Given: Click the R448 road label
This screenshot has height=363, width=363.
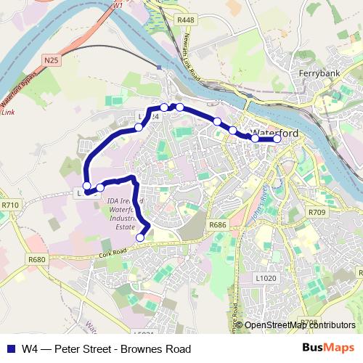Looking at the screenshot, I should [x=185, y=20].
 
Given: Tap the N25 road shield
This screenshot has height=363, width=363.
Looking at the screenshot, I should [x=50, y=60].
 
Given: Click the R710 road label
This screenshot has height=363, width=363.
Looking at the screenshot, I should [x=9, y=206].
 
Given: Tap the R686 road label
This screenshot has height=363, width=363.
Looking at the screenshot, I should [x=217, y=226].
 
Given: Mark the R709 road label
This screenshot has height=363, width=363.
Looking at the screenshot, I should [x=317, y=212].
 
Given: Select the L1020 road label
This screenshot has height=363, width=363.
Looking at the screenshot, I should [x=266, y=278].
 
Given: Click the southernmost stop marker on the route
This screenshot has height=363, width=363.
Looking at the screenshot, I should [x=140, y=237].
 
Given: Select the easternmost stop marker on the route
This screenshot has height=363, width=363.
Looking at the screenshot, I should [x=277, y=139].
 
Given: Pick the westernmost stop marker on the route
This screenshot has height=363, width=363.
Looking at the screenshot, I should [x=87, y=186].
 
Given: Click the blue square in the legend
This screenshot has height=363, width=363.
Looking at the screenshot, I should [x=11, y=348].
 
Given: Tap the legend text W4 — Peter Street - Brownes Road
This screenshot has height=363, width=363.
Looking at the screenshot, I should [x=106, y=348].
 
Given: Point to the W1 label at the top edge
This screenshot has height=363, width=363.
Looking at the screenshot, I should [x=118, y=5].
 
